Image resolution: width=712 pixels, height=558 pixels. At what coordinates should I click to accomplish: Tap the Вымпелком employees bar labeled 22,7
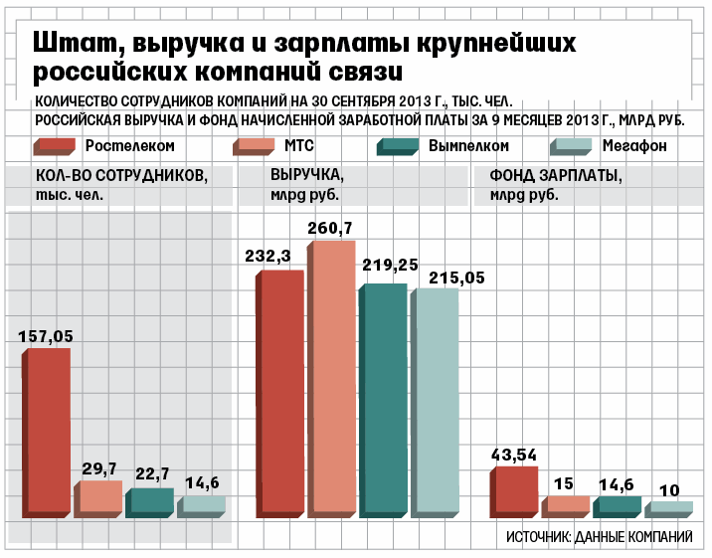tap(151, 503)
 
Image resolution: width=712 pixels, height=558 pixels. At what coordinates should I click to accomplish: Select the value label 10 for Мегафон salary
tap(669, 489)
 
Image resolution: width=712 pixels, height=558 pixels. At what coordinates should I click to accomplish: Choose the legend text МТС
tap(299, 145)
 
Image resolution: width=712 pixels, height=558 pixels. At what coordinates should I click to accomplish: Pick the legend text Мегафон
tap(634, 145)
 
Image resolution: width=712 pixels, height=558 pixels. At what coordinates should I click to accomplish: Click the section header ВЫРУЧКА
tap(307, 176)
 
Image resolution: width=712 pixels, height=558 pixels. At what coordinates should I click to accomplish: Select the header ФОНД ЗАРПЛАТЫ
tap(556, 176)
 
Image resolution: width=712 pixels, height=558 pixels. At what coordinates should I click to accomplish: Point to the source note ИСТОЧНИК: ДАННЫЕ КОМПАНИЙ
tap(599, 537)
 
